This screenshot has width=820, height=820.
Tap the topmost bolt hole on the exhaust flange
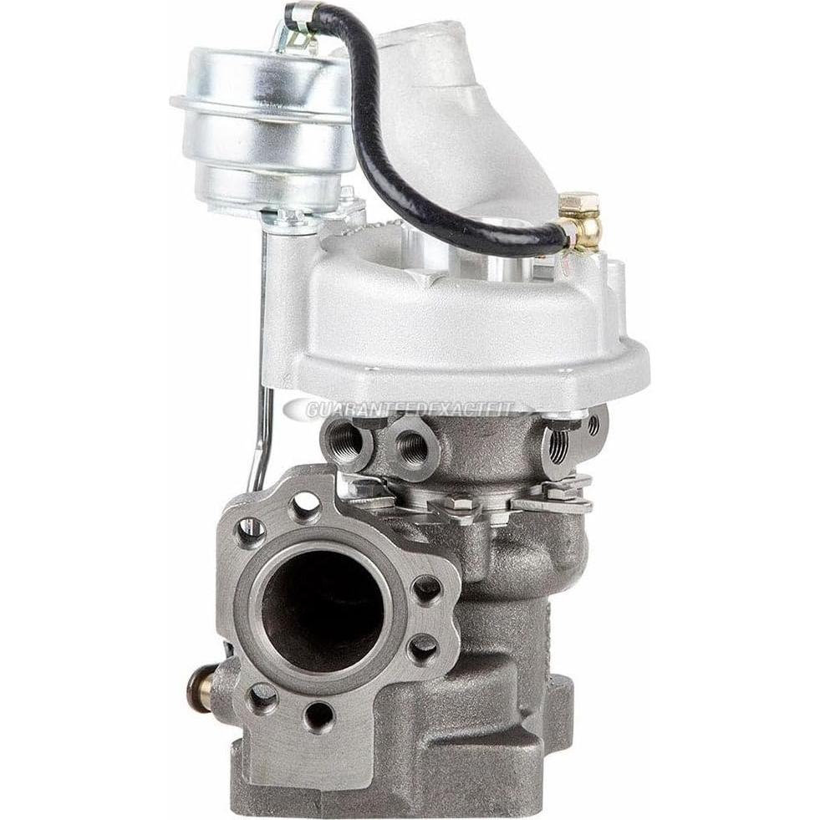(x=304, y=504)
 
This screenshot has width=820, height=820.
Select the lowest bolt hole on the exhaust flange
(x=318, y=715)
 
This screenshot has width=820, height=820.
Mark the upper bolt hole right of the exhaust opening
(x=427, y=589)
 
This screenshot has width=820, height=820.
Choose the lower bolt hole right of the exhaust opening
(x=422, y=648)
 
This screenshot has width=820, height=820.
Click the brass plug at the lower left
(x=198, y=687)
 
